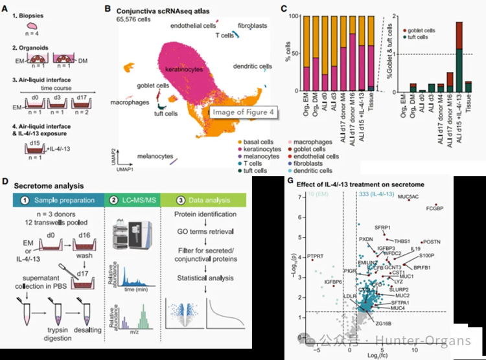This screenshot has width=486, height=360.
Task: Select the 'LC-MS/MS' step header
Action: coord(133,199)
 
